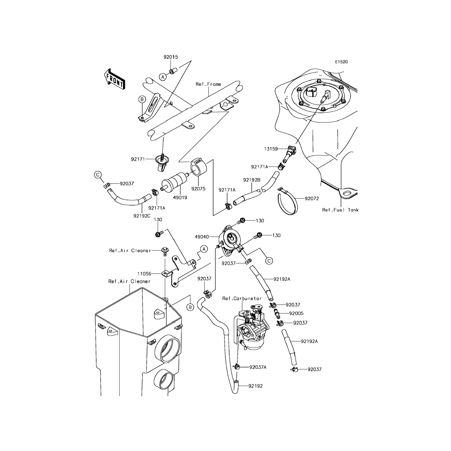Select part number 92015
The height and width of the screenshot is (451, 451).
point(171,57)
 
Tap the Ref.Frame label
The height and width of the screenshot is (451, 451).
point(208,84)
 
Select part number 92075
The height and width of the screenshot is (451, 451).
point(198,189)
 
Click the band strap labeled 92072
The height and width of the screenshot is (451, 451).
point(288,201)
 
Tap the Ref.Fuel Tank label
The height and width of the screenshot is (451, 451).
point(340,210)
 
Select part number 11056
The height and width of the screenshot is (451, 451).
point(144,274)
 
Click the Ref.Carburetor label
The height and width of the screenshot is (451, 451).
point(242,298)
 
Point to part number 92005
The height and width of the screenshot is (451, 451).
point(296,313)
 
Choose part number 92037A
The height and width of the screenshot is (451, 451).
point(258,367)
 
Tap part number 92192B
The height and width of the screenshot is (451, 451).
point(252,180)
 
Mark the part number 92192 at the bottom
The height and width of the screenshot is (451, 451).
point(256,386)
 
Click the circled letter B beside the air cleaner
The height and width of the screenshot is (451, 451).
point(190,307)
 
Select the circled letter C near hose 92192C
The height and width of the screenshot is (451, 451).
point(98,175)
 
